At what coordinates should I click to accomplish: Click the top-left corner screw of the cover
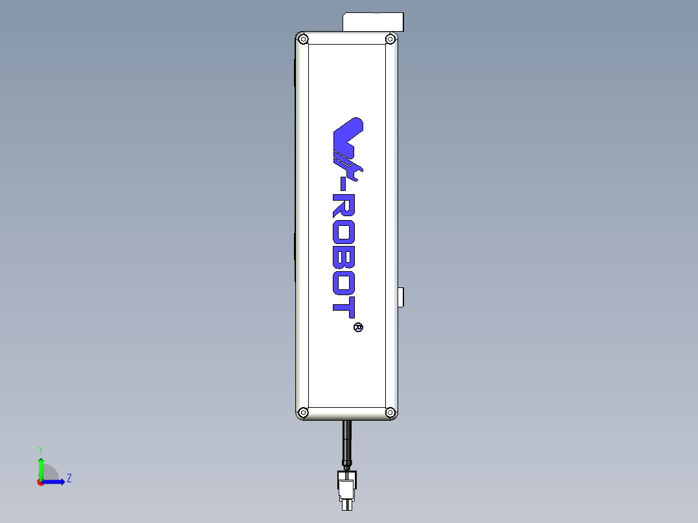(303, 39)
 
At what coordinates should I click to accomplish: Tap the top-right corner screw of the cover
(390, 39)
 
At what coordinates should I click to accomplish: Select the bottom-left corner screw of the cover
(303, 412)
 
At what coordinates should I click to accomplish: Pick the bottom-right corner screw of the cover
(390, 412)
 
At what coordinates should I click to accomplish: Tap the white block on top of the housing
(372, 21)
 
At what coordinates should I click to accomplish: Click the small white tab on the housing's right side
(401, 298)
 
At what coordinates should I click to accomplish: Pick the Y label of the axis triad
(40, 449)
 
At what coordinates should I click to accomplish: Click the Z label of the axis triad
(69, 478)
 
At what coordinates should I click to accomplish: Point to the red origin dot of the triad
(40, 482)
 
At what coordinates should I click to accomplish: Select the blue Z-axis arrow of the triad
(55, 482)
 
